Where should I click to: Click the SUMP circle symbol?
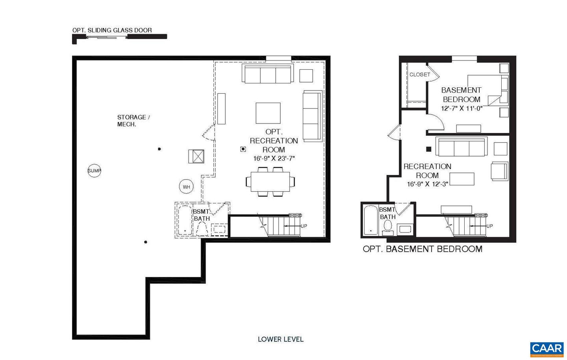coord(94,171)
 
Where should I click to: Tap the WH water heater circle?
coord(186,187)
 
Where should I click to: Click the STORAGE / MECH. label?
coord(133,120)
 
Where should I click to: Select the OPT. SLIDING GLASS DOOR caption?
coord(112,30)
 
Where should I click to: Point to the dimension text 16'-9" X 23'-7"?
coord(274,159)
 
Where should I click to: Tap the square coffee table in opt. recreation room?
coord(268,113)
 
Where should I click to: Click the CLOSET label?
coord(420,74)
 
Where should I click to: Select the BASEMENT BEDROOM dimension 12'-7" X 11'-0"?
coord(461,108)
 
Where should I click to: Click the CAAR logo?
coord(547,349)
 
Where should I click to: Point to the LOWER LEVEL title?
coord(280,339)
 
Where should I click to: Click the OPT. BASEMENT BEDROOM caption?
coord(422,249)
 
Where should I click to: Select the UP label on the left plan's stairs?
coord(304,226)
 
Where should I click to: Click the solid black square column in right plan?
coord(429,149)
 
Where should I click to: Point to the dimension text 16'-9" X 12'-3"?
coord(428,184)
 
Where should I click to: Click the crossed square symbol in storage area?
coord(196,156)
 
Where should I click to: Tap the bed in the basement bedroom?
coord(485,90)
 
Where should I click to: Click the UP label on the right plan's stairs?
coord(489,226)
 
